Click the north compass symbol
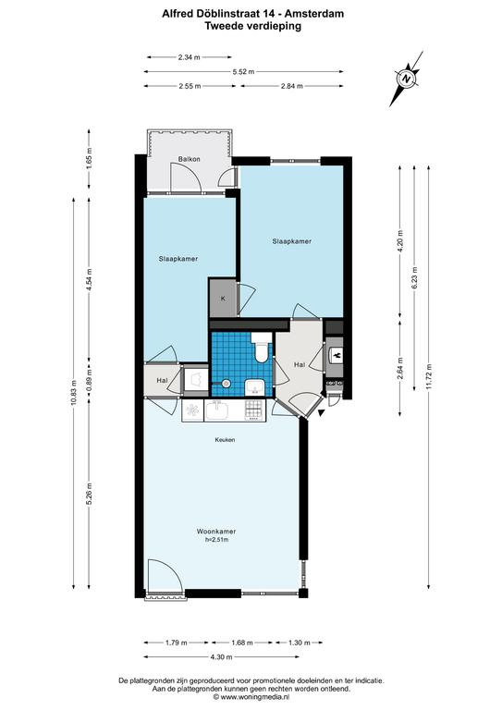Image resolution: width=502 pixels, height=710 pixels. click(407, 79)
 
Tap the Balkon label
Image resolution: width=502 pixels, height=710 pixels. click(189, 159)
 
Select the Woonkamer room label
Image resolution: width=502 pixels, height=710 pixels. click(216, 532)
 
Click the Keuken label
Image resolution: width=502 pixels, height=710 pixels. click(225, 440)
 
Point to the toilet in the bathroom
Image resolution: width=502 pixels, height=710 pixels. click(262, 348)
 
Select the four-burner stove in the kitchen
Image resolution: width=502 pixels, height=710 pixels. click(253, 410)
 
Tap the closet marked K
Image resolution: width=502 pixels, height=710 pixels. click(223, 299)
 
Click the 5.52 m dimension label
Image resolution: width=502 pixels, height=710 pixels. click(243, 71)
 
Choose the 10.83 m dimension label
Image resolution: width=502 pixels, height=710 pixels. click(74, 393)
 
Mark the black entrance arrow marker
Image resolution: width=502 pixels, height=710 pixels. click(322, 413)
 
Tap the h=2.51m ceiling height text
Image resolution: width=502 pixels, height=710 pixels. click(216, 540)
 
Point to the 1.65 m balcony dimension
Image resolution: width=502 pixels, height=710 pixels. click(89, 159)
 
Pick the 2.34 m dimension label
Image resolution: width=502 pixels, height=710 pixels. click(190, 57)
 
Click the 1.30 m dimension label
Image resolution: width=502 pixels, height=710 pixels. click(299, 643)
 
